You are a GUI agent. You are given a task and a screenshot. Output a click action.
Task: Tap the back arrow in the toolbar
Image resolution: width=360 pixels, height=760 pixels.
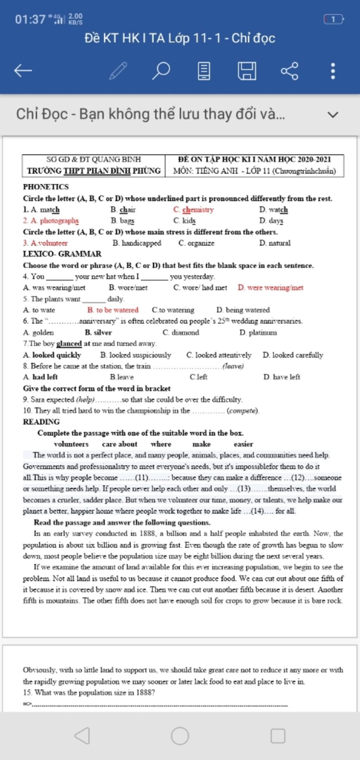coord(23,71)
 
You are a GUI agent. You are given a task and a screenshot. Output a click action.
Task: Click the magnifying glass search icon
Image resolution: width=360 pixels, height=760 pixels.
coord(161,71)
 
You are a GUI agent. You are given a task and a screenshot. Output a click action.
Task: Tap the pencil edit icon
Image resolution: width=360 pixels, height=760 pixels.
coord(118,71)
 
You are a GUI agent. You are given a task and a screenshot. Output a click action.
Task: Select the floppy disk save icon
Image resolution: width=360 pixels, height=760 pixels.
coord(247,71)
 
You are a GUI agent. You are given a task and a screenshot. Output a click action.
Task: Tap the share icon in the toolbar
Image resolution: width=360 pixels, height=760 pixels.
coord(289,71)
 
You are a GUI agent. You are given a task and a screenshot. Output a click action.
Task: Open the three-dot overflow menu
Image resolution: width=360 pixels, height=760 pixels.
coord(333,71)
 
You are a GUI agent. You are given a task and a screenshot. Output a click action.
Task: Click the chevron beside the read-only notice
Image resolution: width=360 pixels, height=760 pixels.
coord(333,115)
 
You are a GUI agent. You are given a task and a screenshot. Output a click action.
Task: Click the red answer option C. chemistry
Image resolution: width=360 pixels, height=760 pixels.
coord(193,210)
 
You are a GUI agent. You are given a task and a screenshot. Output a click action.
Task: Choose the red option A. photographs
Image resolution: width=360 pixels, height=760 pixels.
coord(51,221)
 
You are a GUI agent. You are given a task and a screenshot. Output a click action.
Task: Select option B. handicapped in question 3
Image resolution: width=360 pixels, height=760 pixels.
coord(137,243)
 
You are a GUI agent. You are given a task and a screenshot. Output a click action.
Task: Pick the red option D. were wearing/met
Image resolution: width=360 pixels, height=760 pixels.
coord(270,288)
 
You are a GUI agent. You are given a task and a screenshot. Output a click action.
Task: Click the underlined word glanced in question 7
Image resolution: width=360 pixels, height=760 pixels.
coord(69,343)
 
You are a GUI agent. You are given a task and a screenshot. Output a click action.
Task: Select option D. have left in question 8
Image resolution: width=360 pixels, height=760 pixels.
coord(282,377)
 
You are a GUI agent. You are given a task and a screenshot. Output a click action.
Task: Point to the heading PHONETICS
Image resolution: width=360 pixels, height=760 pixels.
coord(46,187)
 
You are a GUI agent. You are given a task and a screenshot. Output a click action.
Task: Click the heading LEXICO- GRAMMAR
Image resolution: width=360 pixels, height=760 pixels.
coord(62,254)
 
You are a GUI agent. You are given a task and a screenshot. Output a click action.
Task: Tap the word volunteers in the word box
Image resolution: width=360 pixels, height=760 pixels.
coord(71,444)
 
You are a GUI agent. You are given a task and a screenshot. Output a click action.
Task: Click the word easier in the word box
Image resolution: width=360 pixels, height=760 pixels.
coord(243,444)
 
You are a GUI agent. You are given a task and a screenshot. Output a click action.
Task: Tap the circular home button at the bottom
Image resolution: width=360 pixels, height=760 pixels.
coord(180,736)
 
